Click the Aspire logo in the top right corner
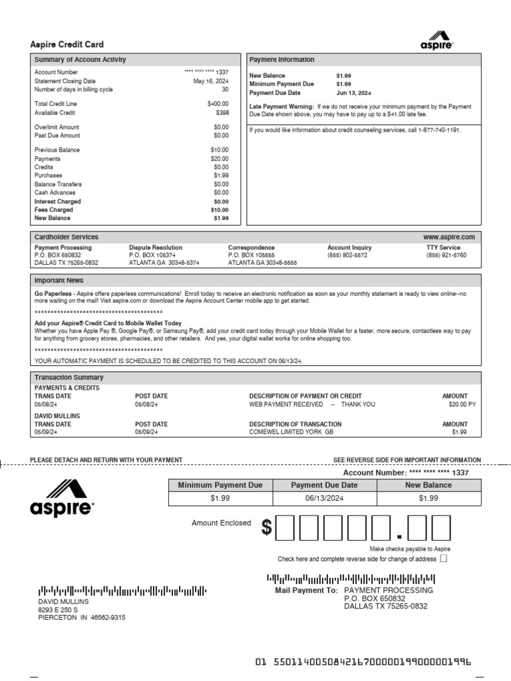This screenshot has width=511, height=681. point(436,40)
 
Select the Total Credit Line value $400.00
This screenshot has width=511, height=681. point(217,104)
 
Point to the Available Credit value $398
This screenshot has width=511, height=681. point(222,112)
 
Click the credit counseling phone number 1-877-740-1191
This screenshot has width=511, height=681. point(434,130)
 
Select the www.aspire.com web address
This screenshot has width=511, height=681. point(449,237)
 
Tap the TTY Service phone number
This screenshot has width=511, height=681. point(446,255)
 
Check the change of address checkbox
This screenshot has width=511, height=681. point(444,559)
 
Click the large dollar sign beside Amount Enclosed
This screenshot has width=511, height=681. point(267,528)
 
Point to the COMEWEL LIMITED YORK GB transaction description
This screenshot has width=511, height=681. point(291,432)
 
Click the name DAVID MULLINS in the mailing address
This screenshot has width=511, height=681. point(63,601)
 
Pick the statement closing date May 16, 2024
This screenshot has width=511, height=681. point(210,81)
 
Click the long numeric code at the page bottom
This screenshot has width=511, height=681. point(363,662)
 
